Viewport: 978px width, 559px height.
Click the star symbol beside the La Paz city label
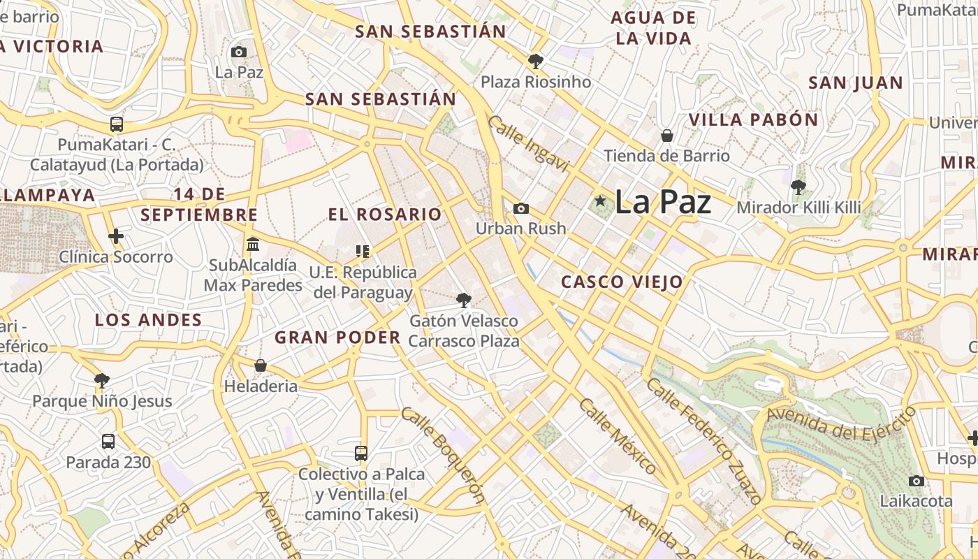tap(600, 201)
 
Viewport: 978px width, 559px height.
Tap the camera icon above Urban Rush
tap(520, 208)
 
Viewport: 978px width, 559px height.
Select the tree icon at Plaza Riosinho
tap(536, 61)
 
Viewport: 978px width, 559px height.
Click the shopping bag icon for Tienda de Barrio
tap(667, 135)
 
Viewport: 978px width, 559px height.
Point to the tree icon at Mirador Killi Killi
tap(798, 187)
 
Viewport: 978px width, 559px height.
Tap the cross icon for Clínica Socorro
tap(116, 236)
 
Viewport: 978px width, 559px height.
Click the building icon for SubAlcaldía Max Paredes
tap(253, 245)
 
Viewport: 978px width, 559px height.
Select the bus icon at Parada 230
tap(108, 442)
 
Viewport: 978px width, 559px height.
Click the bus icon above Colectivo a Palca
tap(361, 453)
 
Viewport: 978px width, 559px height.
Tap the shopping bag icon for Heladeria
tap(261, 365)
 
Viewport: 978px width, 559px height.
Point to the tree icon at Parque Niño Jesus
tap(102, 380)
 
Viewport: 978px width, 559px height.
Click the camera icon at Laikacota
tap(917, 481)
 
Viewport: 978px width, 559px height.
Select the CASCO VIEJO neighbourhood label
tap(622, 282)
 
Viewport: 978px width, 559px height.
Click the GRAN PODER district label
tap(337, 337)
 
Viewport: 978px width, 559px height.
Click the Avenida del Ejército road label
tap(841, 423)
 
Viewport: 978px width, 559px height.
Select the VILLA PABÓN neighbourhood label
tap(753, 119)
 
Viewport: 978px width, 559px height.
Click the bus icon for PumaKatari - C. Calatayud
tap(117, 124)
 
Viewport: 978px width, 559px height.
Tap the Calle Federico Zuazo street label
tap(703, 441)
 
